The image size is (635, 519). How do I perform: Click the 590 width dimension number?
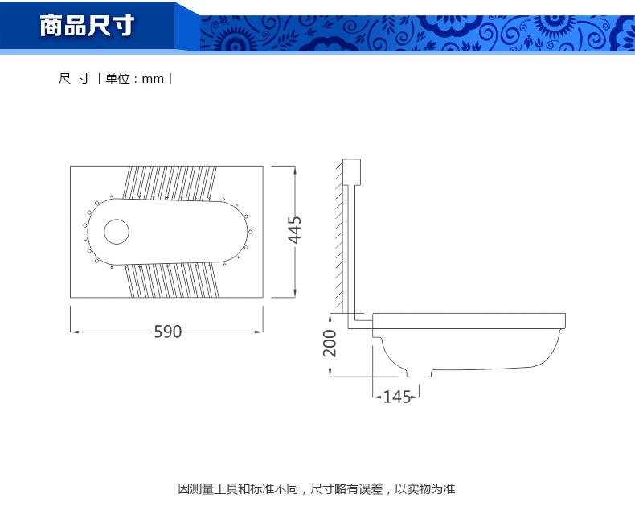point(168,332)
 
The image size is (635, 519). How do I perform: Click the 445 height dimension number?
point(295,230)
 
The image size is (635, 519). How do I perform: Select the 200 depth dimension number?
point(330,343)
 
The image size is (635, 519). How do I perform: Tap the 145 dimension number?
point(397,397)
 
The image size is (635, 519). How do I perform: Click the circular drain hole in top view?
point(117,232)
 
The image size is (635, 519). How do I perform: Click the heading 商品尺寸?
point(87,26)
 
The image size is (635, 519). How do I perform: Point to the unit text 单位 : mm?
point(134,79)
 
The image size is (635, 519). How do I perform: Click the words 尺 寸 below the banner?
point(75,78)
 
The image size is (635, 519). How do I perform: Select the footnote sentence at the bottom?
point(317,489)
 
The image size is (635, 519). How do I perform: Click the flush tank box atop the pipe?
point(351,172)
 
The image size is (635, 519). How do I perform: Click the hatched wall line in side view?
point(339,235)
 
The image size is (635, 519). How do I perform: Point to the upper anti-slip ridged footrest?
point(170,183)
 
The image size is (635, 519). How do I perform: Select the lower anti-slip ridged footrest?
point(172,281)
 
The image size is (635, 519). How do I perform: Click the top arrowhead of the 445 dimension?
point(295,170)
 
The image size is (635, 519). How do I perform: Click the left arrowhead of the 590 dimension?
point(75,332)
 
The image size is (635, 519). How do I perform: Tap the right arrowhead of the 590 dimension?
point(259,332)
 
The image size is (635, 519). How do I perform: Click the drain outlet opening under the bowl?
point(419,373)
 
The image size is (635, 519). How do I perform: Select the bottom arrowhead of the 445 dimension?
point(295,293)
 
